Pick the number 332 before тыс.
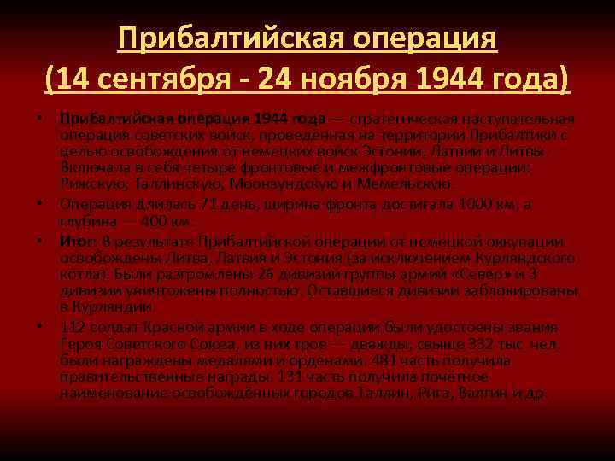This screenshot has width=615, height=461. tap(474, 344)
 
